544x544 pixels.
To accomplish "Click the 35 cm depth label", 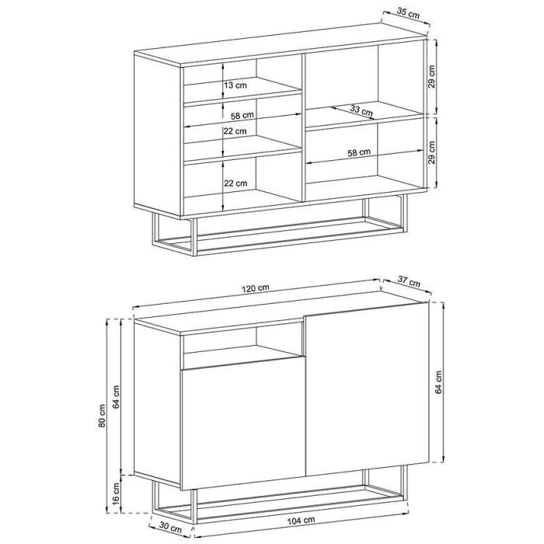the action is [x=408, y=13].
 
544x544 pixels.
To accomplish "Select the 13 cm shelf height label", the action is [x=235, y=85].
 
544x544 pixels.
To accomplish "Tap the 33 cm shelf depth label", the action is [x=361, y=110].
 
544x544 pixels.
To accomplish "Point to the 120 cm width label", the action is [x=256, y=288].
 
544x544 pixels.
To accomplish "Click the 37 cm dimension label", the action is [x=409, y=282].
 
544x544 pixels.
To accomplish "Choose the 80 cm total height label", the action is [x=102, y=416].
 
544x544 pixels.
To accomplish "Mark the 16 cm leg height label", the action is [x=117, y=493].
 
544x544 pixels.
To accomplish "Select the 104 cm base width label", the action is [x=302, y=521].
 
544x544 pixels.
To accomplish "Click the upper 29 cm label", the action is [x=431, y=77].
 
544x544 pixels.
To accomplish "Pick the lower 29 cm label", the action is [x=431, y=152].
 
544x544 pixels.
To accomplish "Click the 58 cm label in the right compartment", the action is [x=359, y=152].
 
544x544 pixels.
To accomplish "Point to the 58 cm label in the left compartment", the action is [x=242, y=115].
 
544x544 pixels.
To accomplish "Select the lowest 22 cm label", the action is [x=235, y=183].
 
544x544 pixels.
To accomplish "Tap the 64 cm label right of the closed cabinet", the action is [x=438, y=382].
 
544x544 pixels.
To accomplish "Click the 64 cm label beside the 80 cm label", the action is [x=117, y=396].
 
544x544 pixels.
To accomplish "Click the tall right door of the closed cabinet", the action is [x=368, y=389].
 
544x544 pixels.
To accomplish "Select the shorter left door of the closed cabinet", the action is [x=242, y=424].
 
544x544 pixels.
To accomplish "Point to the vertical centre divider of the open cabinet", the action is [x=303, y=127].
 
